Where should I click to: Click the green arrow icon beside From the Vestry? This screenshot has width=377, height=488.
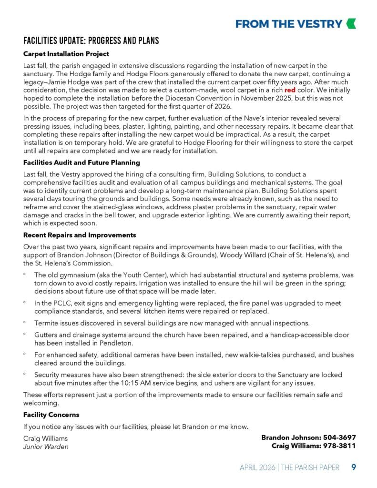tap(351, 24)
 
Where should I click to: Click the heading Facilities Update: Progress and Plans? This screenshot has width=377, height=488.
tap(91, 41)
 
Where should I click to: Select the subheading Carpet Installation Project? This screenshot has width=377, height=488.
tap(66, 54)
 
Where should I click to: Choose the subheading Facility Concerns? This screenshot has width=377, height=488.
tap(51, 415)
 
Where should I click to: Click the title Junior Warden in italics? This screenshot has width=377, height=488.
tap(46, 447)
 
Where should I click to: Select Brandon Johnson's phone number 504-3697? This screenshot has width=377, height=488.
tap(339, 437)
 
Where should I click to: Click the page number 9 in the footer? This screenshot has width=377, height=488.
tap(354, 467)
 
